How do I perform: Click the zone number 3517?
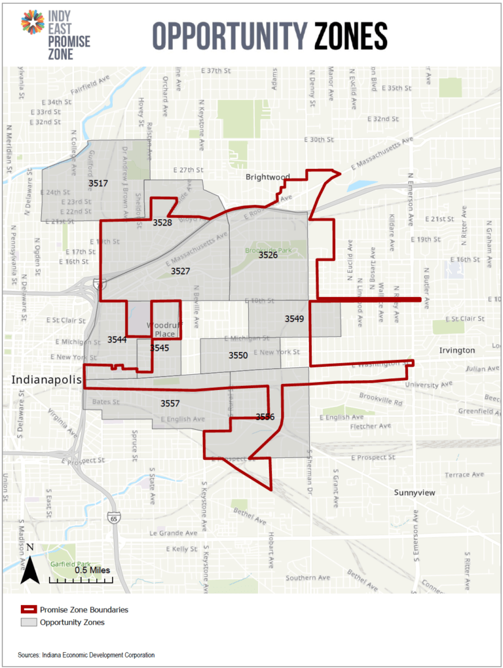tap(98, 184)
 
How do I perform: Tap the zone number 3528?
tap(162, 223)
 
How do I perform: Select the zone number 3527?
tap(180, 271)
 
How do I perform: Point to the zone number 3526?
tap(267, 255)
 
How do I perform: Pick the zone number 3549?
tap(294, 319)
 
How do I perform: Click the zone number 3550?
tap(238, 355)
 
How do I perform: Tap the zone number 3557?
tap(170, 404)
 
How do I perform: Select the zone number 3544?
tap(117, 340)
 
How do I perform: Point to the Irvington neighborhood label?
tap(456, 351)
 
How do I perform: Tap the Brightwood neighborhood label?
tap(267, 177)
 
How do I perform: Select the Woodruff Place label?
tap(160, 330)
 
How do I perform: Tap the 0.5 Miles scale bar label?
tap(92, 571)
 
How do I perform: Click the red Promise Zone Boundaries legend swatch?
tap(28, 610)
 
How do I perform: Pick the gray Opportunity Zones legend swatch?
tap(28, 622)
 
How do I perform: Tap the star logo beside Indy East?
tap(32, 23)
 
